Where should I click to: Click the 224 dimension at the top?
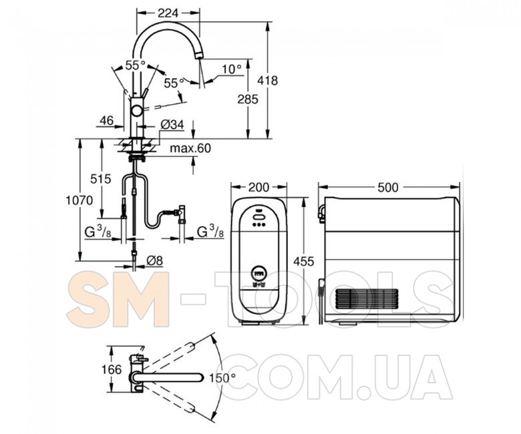pyautogui.click(x=168, y=13)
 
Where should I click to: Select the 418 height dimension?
pyautogui.click(x=268, y=81)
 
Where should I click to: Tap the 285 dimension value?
pyautogui.click(x=248, y=99)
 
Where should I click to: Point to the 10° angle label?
pyautogui.click(x=232, y=69)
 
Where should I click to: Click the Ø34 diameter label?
pyautogui.click(x=172, y=124)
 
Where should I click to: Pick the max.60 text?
pyautogui.click(x=190, y=148)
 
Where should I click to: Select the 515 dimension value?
pyautogui.click(x=101, y=180)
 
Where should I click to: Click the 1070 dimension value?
pyautogui.click(x=79, y=200)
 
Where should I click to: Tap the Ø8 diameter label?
pyautogui.click(x=154, y=261)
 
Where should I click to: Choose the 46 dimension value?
pyautogui.click(x=107, y=120)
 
